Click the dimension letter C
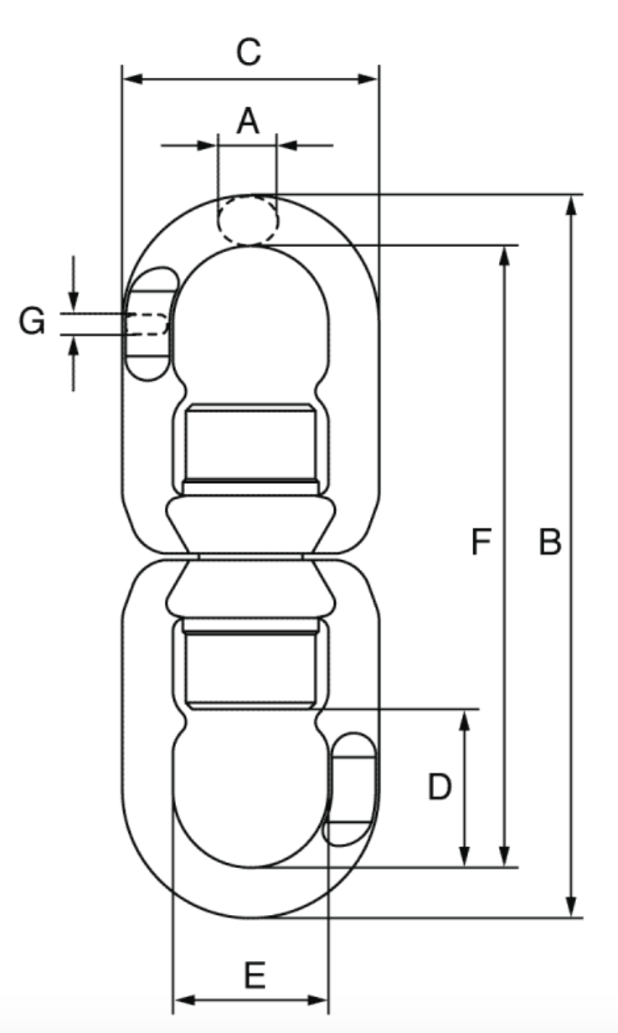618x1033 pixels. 249,53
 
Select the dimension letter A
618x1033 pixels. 247,121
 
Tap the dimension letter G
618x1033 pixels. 32,321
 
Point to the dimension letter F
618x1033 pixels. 480,542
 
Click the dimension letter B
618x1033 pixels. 549,542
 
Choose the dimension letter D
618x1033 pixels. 440,788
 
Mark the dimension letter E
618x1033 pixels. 255,976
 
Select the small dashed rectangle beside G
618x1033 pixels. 147,324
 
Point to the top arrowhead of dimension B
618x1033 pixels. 571,204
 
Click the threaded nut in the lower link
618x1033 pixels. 250,666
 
